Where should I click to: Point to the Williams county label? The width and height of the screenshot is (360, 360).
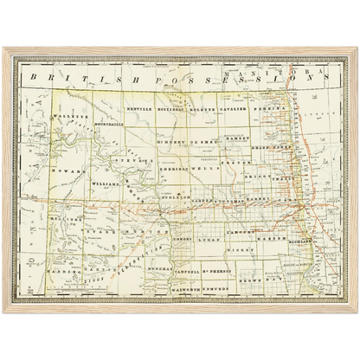point(102,183)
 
